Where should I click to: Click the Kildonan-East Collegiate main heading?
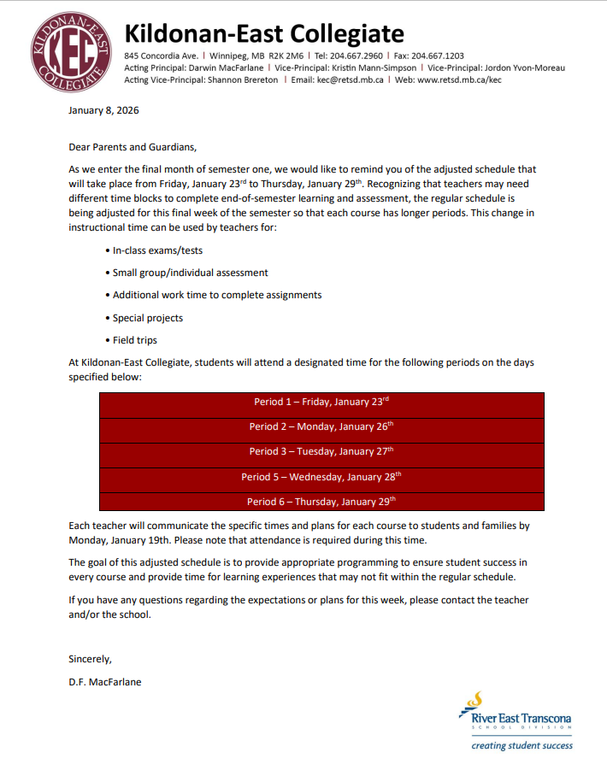click(x=263, y=33)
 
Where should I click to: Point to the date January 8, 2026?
click(x=103, y=111)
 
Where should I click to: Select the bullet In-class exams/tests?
click(x=157, y=250)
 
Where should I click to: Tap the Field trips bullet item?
click(x=134, y=340)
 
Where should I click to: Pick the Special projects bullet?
click(x=147, y=318)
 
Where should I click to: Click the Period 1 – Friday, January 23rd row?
click(x=321, y=401)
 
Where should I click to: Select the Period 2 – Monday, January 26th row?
click(x=321, y=426)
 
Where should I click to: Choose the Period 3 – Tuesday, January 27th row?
click(x=321, y=450)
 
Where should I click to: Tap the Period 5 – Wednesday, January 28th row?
click(x=321, y=476)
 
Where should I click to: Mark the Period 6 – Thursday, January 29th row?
click(x=321, y=501)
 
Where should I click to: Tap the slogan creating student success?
click(x=522, y=746)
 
